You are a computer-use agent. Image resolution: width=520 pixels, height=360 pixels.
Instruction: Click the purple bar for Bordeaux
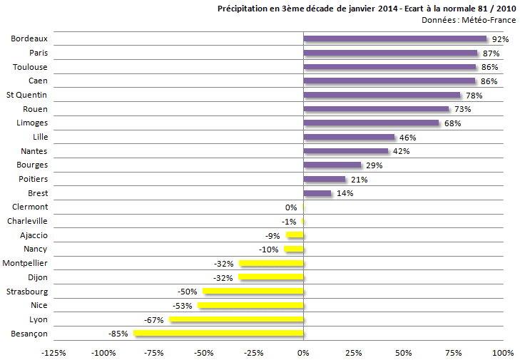[394, 38]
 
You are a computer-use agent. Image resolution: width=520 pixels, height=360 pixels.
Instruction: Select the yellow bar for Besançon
[218, 333]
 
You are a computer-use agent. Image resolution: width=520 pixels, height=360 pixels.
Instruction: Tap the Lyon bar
[236, 319]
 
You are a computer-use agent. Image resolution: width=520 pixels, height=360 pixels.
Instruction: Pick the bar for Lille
[349, 137]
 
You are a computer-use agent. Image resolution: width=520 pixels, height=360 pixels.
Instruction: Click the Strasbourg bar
[253, 291]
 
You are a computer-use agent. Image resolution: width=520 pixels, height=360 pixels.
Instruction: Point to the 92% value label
[500, 39]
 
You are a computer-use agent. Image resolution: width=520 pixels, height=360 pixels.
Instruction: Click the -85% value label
[118, 334]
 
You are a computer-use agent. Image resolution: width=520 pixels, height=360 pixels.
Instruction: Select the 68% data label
[452, 123]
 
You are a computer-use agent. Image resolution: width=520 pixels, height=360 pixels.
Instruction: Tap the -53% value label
[183, 306]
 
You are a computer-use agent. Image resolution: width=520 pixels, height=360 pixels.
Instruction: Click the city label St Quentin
[27, 95]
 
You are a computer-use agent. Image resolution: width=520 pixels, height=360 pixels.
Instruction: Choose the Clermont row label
[30, 207]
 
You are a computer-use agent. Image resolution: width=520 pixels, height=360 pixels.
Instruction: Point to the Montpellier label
[26, 263]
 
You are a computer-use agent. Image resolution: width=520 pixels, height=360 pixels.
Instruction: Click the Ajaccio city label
[33, 235]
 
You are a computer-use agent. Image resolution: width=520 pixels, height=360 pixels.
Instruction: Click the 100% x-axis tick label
[503, 352]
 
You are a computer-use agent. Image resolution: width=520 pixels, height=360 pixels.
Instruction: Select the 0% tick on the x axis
[304, 352]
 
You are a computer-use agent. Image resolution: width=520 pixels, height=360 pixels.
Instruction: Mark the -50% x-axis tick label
[203, 352]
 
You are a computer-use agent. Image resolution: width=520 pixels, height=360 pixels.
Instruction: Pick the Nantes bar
[346, 151]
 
